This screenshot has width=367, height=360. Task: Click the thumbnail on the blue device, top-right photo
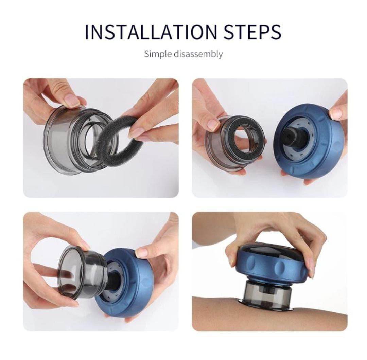click(x=336, y=113)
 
